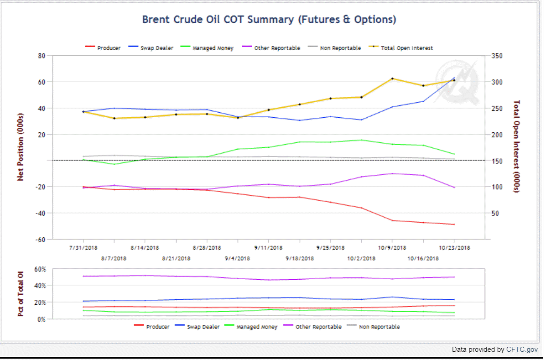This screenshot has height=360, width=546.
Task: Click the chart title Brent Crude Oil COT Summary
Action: point(269,20)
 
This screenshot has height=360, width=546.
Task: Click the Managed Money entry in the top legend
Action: point(213,48)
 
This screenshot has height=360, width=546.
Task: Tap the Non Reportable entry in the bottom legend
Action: point(379,327)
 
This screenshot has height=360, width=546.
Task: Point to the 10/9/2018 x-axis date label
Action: point(392,248)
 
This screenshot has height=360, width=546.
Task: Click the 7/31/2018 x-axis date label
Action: point(83,248)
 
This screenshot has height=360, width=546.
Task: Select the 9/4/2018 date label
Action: point(237,258)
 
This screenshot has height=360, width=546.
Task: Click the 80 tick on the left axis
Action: point(42,56)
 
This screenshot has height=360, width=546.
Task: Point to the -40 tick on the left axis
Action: point(41,213)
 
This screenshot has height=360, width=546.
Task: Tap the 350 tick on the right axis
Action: point(497,56)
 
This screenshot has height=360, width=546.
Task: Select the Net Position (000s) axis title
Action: point(21,147)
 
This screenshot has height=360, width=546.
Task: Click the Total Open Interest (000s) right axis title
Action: point(517,147)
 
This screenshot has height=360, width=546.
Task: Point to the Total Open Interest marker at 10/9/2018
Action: point(392,78)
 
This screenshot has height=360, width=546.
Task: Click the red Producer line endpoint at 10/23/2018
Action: point(454,224)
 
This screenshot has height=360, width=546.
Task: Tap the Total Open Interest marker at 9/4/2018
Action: point(238,118)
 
